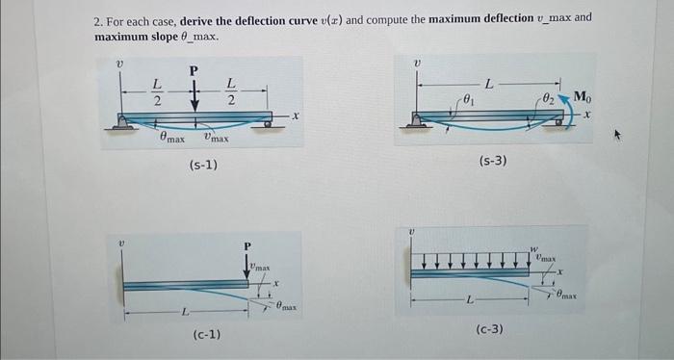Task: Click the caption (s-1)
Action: pos(202,166)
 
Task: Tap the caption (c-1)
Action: pos(206,334)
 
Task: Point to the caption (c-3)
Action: pos(489,330)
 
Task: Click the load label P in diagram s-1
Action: pos(194,69)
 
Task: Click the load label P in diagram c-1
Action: pos(246,246)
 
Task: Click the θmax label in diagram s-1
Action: pos(171,139)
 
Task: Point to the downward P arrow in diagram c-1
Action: pos(247,267)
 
